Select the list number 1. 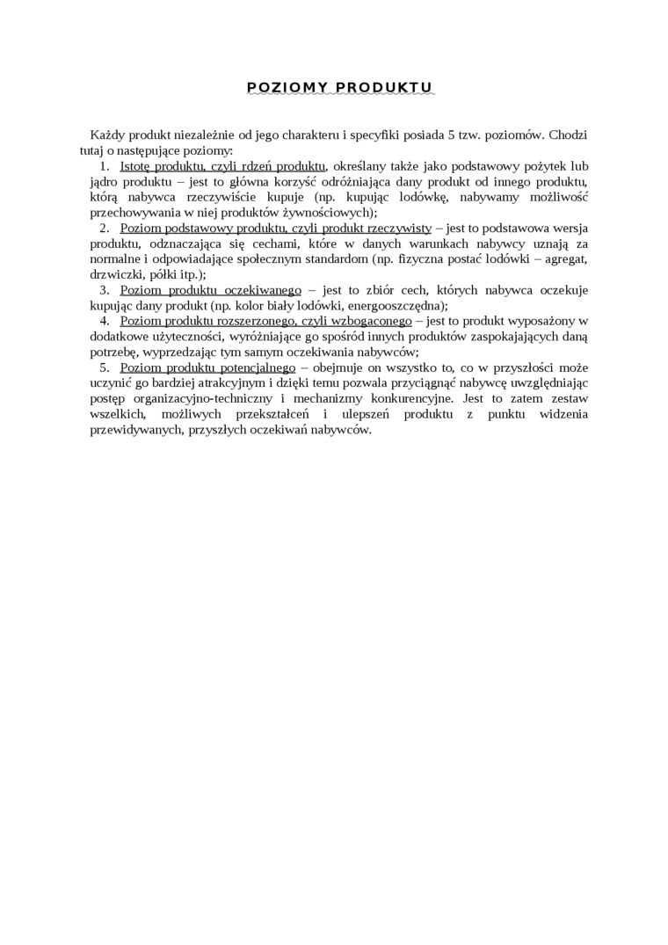point(104,165)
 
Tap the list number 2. point(104,228)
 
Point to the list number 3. point(104,290)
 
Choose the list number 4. point(104,322)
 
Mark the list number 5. point(104,368)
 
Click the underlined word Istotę point(135,165)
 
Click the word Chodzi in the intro point(569,134)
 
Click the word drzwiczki point(114,274)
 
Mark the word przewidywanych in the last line point(134,431)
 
